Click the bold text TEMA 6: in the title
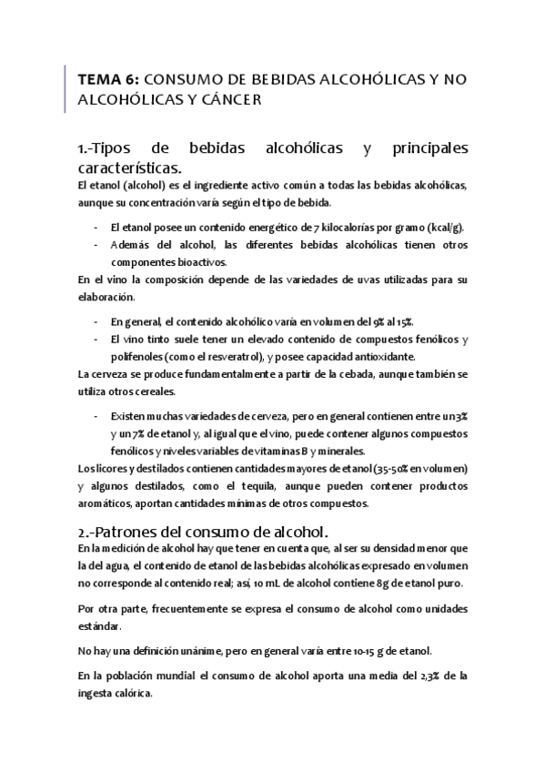pyautogui.click(x=108, y=80)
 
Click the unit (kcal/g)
pyautogui.click(x=440, y=227)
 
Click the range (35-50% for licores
pyautogui.click(x=382, y=469)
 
